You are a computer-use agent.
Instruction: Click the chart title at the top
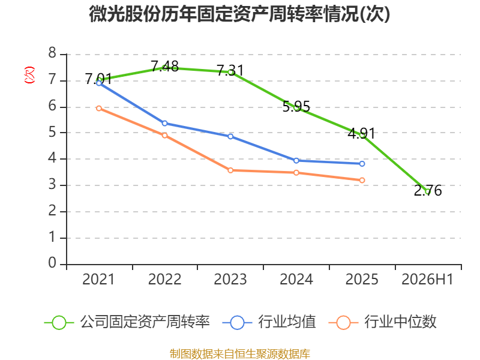(239, 14)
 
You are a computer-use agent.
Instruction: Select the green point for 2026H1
(428, 191)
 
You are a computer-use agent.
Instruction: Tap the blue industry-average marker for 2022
(164, 124)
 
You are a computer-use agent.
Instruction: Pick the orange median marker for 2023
(230, 170)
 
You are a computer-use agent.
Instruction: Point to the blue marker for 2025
(362, 164)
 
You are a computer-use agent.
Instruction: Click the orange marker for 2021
(99, 109)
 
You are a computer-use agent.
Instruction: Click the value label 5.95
(296, 107)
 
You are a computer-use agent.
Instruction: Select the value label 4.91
(362, 133)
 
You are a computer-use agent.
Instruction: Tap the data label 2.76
(428, 190)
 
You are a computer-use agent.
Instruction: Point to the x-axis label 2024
(296, 279)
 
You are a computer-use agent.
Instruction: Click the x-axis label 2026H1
(427, 279)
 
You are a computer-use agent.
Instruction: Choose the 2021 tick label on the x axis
(98, 279)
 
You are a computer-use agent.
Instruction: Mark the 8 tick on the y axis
(52, 53)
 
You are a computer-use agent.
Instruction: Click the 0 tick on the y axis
(52, 263)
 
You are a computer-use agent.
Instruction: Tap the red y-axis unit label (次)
(29, 75)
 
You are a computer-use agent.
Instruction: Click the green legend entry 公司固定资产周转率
(127, 322)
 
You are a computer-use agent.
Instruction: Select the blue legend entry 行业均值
(269, 322)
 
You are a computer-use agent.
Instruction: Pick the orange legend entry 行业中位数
(382, 322)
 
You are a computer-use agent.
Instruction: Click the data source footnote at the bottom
(240, 354)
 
